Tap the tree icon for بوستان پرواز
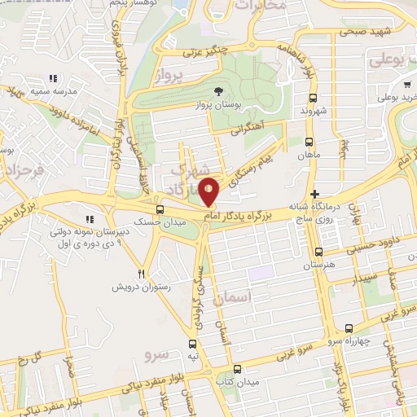pyautogui.click(x=217, y=91)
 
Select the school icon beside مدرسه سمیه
pyautogui.click(x=53, y=79)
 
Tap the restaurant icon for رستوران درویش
pyautogui.click(x=142, y=274)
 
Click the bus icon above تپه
pyautogui.click(x=193, y=343)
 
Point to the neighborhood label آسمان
pyautogui.click(x=231, y=299)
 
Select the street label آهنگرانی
pyautogui.click(x=248, y=129)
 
